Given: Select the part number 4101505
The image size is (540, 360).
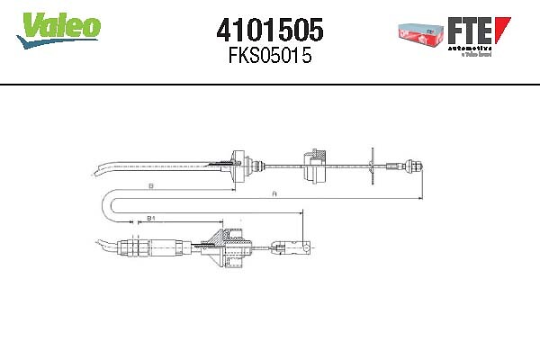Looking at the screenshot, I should coord(269,31).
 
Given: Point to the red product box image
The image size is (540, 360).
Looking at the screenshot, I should coord(418,33).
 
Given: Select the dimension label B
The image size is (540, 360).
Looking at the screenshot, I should coord(150,186).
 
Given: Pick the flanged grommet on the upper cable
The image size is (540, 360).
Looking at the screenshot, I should coord(238,165).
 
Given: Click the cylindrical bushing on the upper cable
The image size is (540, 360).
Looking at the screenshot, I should coord(316,164).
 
